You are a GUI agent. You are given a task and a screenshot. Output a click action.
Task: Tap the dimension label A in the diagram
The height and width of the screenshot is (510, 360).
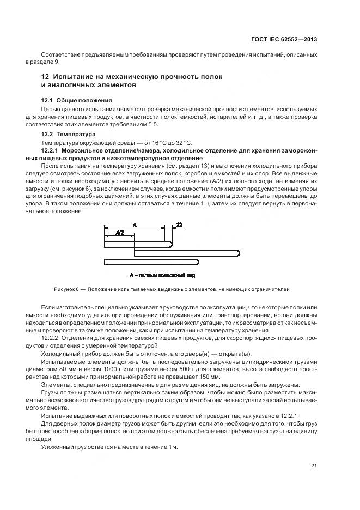tap(134, 223)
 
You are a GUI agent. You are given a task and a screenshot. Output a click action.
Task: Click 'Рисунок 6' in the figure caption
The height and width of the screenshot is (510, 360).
tap(66, 289)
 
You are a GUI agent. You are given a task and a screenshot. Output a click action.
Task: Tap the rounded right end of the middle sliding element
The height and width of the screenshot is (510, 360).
tap(239, 252)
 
